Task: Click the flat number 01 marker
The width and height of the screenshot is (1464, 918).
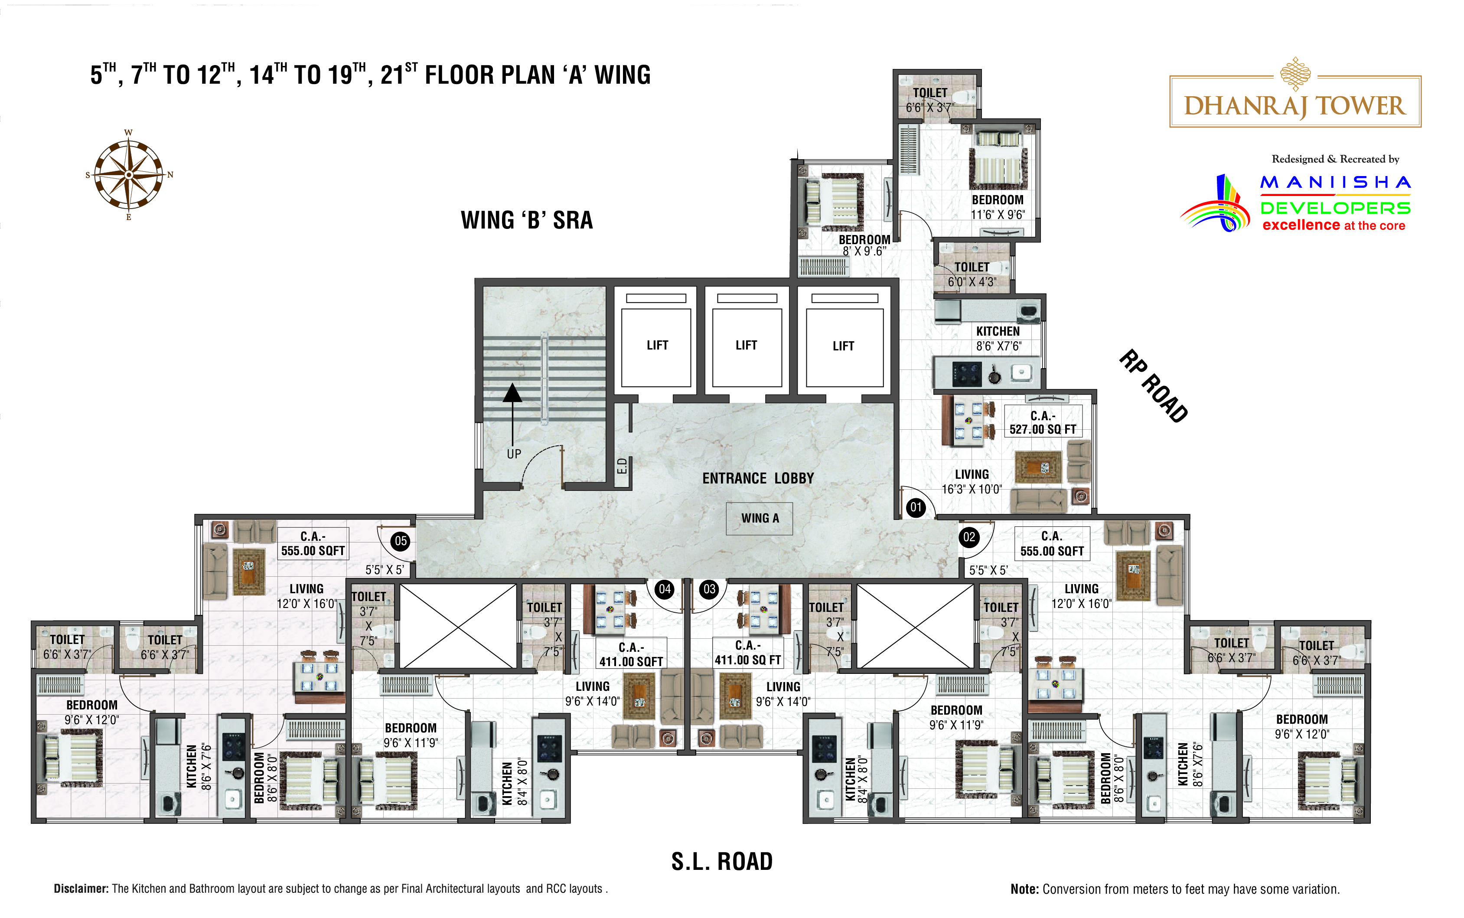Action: point(915,507)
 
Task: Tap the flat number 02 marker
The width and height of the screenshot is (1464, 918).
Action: point(969,537)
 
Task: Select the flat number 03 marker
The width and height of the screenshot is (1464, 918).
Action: point(709,589)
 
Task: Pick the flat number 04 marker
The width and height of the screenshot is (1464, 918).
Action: point(665,589)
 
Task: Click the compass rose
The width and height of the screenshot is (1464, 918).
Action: point(129,175)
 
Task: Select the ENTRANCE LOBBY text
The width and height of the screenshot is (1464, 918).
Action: point(758,478)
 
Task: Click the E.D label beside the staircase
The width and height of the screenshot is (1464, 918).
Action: point(622,466)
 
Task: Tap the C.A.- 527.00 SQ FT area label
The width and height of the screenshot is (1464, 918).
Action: point(1043,422)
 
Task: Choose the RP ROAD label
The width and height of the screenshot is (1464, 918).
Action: point(1153,386)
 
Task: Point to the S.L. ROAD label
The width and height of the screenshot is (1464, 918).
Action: point(722,862)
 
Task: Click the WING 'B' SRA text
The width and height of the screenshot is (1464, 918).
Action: point(527,220)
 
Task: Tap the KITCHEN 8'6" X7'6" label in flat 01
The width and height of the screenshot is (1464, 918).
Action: point(998,339)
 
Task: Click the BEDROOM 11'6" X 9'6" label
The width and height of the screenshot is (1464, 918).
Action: point(998,207)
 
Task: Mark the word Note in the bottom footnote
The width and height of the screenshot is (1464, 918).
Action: point(1024,889)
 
